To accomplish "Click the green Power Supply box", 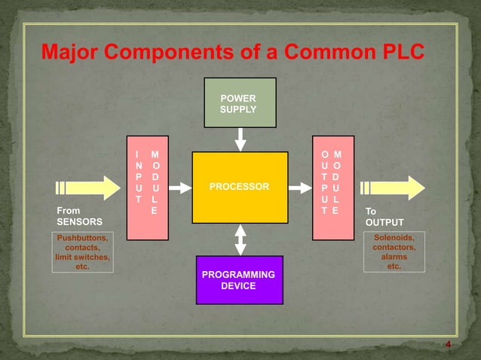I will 238,102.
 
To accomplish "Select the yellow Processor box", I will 240,187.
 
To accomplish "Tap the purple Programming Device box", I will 239,280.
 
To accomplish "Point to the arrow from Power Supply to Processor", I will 240,139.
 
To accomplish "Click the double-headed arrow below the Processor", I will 240,239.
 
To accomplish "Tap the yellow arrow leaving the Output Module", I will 392,188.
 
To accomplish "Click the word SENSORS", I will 79,223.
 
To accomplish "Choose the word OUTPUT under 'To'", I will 384,223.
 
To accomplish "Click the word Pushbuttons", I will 82,239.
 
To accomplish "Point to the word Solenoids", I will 394,238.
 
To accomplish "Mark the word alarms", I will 394,257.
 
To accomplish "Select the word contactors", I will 394,248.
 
